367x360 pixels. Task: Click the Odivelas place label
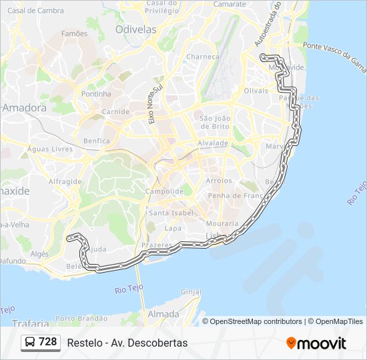coord(135,29)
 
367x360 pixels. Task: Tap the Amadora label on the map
coord(25,107)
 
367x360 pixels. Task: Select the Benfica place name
coord(97,141)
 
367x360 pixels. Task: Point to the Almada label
coord(163,313)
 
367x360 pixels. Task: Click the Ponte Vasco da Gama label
coord(335,55)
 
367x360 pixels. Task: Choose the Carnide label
coord(116,111)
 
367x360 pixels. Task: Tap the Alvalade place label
coord(213,143)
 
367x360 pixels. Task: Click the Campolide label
coord(165,191)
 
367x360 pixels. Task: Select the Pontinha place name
coord(96,94)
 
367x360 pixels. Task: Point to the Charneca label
coord(203,57)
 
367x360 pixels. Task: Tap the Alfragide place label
coord(65,181)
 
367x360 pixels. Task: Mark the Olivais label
coord(256,90)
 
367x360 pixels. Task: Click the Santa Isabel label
coord(171,213)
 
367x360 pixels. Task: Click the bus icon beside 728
coord(30,343)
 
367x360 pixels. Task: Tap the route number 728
coord(48,342)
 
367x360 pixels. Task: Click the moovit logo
coord(316,343)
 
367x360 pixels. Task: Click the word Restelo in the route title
coord(83,343)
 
